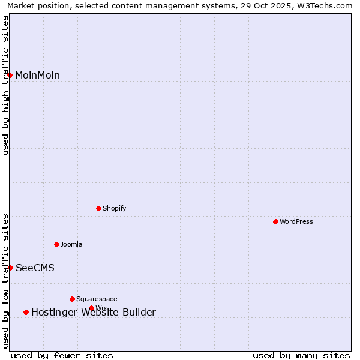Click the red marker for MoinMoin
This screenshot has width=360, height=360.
point(10,75)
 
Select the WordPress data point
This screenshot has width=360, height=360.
point(275,221)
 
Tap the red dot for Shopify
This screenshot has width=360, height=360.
point(98,208)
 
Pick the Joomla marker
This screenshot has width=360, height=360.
point(56,244)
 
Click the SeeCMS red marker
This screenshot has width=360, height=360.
point(10,268)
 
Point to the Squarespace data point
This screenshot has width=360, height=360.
point(72,299)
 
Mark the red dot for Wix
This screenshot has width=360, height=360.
point(91,308)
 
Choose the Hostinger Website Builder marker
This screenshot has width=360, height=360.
point(26,312)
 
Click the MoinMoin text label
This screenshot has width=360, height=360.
point(37,75)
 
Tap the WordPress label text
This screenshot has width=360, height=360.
point(296,221)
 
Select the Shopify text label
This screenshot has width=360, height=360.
point(114,208)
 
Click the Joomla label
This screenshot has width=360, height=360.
point(71,244)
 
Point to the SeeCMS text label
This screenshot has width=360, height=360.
point(35,268)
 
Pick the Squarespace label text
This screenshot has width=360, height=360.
point(97,299)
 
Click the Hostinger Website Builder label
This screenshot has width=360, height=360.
point(94,312)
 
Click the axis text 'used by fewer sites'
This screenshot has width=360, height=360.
point(62,355)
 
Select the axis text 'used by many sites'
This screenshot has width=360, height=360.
point(301,355)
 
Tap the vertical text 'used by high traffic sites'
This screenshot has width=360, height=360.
point(6,85)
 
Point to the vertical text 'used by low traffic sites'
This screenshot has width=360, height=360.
point(6,281)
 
